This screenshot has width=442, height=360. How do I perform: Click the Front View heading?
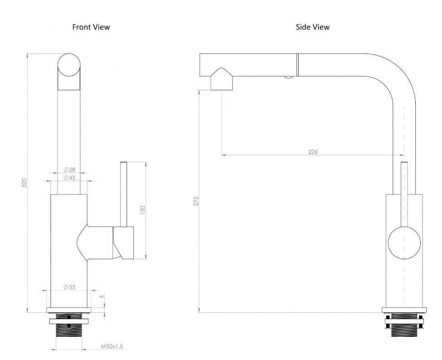pos(91,27)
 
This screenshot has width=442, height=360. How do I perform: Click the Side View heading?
pos(312,27)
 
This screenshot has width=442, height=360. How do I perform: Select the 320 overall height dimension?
pos(25,183)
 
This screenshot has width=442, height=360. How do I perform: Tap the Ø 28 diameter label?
pos(69,170)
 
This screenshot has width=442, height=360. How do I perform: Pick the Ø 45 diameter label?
pos(69,178)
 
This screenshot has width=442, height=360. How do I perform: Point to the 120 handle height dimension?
pos(142,210)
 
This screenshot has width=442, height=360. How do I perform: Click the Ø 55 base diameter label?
pos(69,287)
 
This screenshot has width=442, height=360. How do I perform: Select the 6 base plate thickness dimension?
pos(103,296)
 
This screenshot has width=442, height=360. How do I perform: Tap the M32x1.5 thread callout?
pos(112,346)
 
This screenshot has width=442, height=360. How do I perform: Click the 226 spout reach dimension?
pos(313,152)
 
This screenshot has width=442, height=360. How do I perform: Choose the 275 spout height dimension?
pos(196,201)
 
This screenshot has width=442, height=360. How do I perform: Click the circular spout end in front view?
pos(69,65)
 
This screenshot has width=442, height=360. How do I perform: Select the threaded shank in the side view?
pos(404,329)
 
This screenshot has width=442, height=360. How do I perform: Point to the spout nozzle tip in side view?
pos(221,84)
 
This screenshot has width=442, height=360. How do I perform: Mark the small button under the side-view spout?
pos(288,77)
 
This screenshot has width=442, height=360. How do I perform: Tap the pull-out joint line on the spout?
pos(297,64)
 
